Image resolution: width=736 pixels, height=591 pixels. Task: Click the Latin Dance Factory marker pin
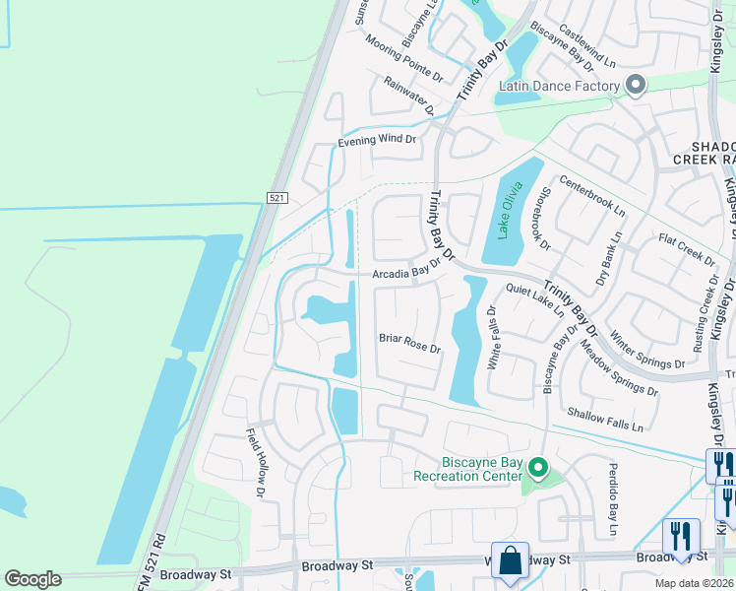pyautogui.click(x=635, y=86)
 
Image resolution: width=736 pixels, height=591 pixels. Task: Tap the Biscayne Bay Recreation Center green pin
pyautogui.click(x=538, y=467)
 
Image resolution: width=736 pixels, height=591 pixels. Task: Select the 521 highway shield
pyautogui.click(x=276, y=198)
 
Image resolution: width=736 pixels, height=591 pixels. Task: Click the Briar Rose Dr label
pyautogui.click(x=409, y=343)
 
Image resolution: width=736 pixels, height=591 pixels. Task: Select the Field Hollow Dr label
pyautogui.click(x=256, y=460)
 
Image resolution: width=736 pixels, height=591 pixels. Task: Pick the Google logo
pyautogui.click(x=32, y=579)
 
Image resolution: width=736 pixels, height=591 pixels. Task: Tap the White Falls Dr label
pyautogui.click(x=493, y=338)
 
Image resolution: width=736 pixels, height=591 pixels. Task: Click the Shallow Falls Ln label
pyautogui.click(x=603, y=420)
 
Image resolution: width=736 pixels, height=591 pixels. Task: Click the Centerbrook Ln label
pyautogui.click(x=592, y=196)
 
